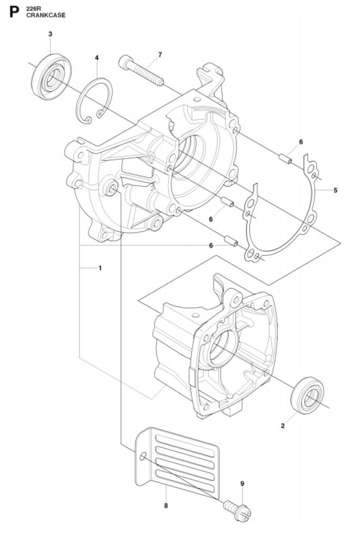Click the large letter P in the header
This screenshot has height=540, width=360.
point(14,12)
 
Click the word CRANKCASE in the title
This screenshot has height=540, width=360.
point(46,15)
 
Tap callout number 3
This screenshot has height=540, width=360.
point(51,34)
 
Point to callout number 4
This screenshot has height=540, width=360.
point(96,57)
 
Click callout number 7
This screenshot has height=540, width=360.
point(160,54)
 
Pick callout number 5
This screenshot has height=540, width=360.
point(336,190)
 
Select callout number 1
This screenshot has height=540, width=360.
point(100,267)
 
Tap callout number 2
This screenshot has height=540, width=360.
point(283,426)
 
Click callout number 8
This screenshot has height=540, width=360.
point(166,506)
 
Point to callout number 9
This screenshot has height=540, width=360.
point(242,484)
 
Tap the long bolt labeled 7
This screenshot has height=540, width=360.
point(141,71)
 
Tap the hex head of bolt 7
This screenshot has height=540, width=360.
point(125,62)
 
